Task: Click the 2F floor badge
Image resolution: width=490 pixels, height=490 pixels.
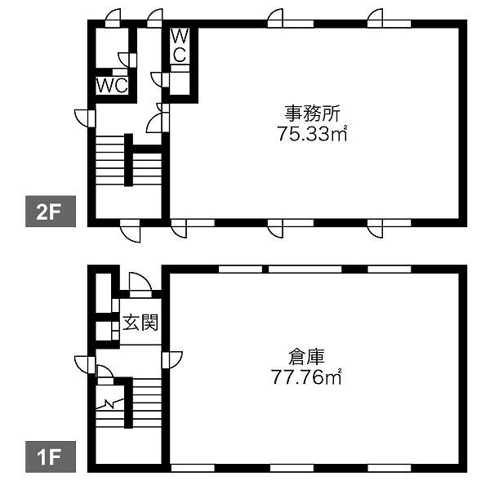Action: point(51,212)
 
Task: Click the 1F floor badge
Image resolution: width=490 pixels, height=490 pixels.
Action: point(51,457)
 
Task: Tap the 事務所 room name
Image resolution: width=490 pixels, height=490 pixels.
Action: point(312,114)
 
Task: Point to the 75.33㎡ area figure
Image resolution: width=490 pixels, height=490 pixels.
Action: point(312,134)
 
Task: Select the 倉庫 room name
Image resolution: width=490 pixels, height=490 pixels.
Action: point(306,358)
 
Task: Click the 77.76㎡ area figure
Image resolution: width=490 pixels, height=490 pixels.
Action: point(306,377)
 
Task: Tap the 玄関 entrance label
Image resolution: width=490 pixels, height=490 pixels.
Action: point(140,323)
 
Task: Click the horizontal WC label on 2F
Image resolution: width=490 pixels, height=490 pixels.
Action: point(112,85)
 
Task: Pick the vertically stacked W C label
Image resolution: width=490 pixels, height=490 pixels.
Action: point(180,46)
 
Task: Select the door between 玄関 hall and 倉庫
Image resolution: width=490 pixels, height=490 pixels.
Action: point(171,360)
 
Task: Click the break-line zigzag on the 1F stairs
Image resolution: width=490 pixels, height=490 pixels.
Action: point(109,403)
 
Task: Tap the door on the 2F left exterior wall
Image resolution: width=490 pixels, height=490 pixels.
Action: point(85,118)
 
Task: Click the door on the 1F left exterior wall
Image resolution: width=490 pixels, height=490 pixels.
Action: point(85,365)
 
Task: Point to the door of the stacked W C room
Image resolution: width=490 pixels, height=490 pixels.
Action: point(160,80)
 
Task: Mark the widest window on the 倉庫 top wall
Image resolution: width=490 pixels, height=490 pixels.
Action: point(305,269)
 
